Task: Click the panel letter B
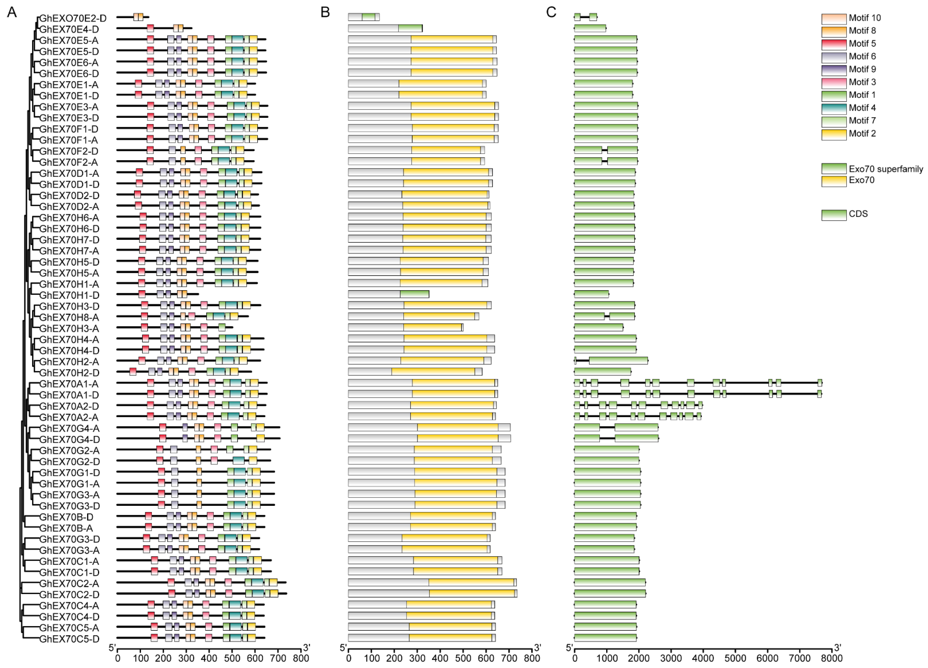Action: (x=325, y=12)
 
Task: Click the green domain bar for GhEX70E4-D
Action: (x=410, y=28)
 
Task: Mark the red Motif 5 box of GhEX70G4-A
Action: (x=162, y=428)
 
